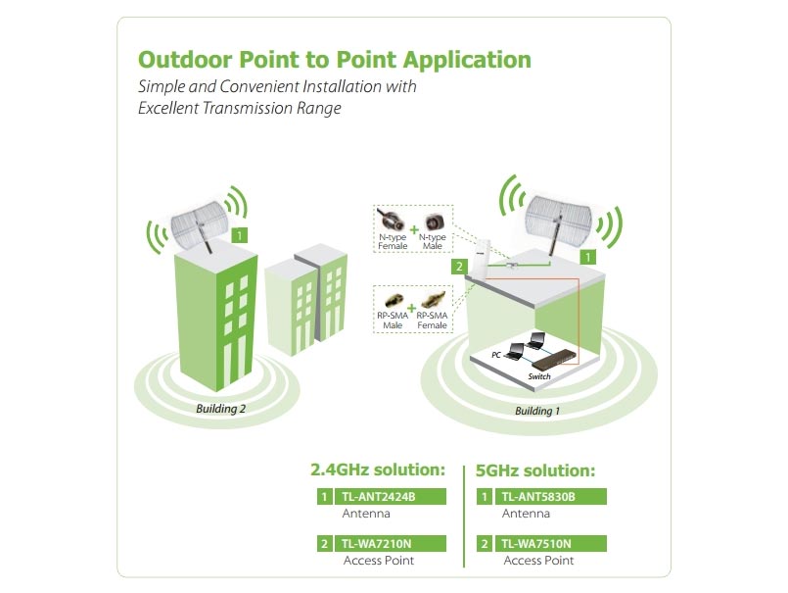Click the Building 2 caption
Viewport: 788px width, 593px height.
(x=220, y=409)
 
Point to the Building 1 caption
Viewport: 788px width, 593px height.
(x=537, y=411)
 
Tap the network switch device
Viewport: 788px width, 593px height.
(x=555, y=359)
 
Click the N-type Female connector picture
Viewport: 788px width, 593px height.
(x=390, y=222)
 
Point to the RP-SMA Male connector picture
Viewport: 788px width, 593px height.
(x=393, y=302)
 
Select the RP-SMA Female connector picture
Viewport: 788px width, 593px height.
(x=434, y=300)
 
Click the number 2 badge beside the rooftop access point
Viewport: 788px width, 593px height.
(x=459, y=267)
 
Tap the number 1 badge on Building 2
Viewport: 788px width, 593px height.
(x=240, y=235)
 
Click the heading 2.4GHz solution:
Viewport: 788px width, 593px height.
(x=378, y=469)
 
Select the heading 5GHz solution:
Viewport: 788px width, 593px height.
(x=535, y=471)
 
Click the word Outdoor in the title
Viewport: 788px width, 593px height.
(x=185, y=60)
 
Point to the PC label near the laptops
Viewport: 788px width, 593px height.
(x=496, y=355)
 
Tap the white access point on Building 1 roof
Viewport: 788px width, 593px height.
(x=481, y=258)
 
